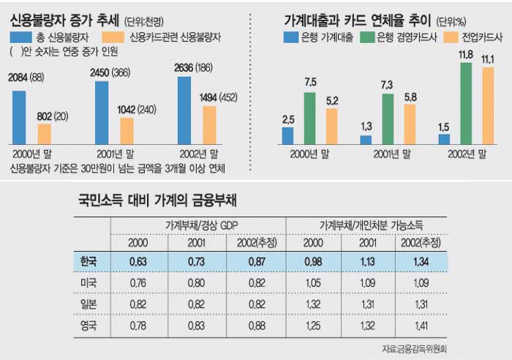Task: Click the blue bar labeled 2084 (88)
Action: pyautogui.click(x=19, y=117)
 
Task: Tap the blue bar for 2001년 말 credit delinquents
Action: pyautogui.click(x=102, y=112)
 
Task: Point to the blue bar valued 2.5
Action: pyautogui.click(x=287, y=135)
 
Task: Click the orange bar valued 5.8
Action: pyautogui.click(x=410, y=124)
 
